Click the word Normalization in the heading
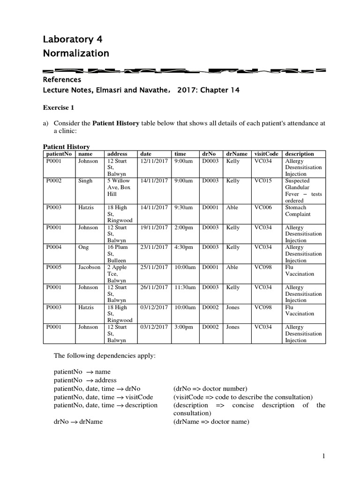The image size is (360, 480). coord(76,53)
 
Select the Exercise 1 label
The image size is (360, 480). coord(59,107)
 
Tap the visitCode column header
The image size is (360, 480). coord(266,154)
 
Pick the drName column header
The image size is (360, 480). coord(236,154)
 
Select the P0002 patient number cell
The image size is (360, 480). coord(53,181)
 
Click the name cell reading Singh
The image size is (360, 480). coord(85,181)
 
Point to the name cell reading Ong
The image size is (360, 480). coord(84,247)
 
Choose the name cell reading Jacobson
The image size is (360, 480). coord(89,267)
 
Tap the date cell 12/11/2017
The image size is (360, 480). coord(154,161)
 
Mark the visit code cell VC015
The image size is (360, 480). coord(262,181)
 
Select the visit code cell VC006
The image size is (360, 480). coord(262,208)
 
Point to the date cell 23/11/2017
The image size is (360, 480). coord(154,247)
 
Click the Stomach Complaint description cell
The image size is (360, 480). coord(298,211)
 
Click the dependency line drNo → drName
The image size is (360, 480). coord(78,421)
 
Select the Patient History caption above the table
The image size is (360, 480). coord(63,147)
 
